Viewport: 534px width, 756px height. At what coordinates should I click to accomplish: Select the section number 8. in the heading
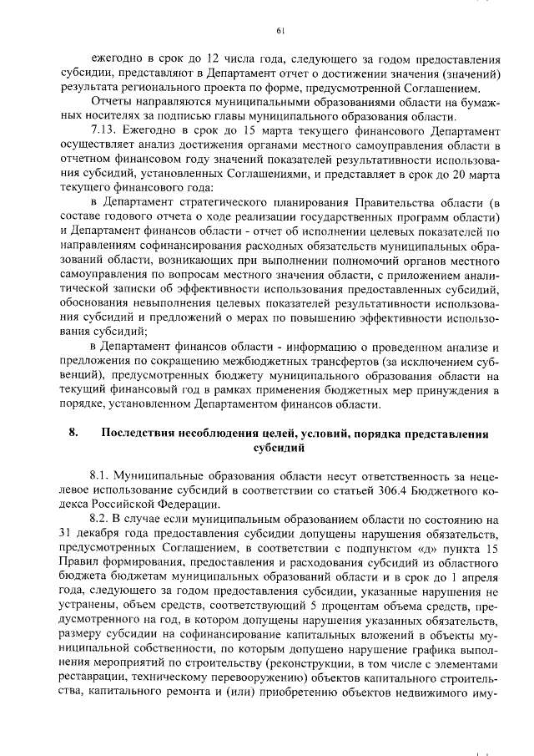(73, 433)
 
